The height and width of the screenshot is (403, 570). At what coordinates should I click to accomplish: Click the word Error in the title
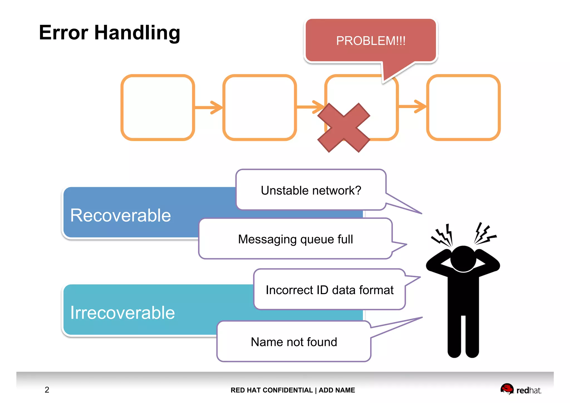click(63, 33)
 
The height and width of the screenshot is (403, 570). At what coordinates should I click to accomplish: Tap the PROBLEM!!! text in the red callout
click(370, 41)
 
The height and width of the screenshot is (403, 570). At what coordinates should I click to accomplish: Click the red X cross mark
click(344, 128)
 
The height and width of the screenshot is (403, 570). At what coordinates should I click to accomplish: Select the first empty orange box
click(158, 107)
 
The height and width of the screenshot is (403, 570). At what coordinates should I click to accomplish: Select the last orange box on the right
click(463, 107)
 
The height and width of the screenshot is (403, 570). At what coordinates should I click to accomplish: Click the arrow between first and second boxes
click(209, 107)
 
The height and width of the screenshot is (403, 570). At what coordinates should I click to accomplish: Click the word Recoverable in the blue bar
click(120, 215)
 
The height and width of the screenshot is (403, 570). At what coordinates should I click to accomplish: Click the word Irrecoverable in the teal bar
click(122, 312)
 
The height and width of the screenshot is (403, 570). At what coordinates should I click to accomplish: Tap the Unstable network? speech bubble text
click(311, 190)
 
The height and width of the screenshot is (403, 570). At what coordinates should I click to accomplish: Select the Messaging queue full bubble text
click(295, 239)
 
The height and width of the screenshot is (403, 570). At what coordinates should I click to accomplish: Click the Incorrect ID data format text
click(330, 290)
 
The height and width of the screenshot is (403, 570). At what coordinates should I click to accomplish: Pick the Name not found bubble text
click(294, 342)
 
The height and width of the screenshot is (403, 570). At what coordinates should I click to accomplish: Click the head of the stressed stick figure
click(463, 258)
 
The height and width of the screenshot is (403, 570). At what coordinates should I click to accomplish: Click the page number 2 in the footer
click(47, 390)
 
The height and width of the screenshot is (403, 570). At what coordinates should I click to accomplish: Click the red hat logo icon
click(507, 389)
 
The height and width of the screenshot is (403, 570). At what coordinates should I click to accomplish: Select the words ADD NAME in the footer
click(337, 390)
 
